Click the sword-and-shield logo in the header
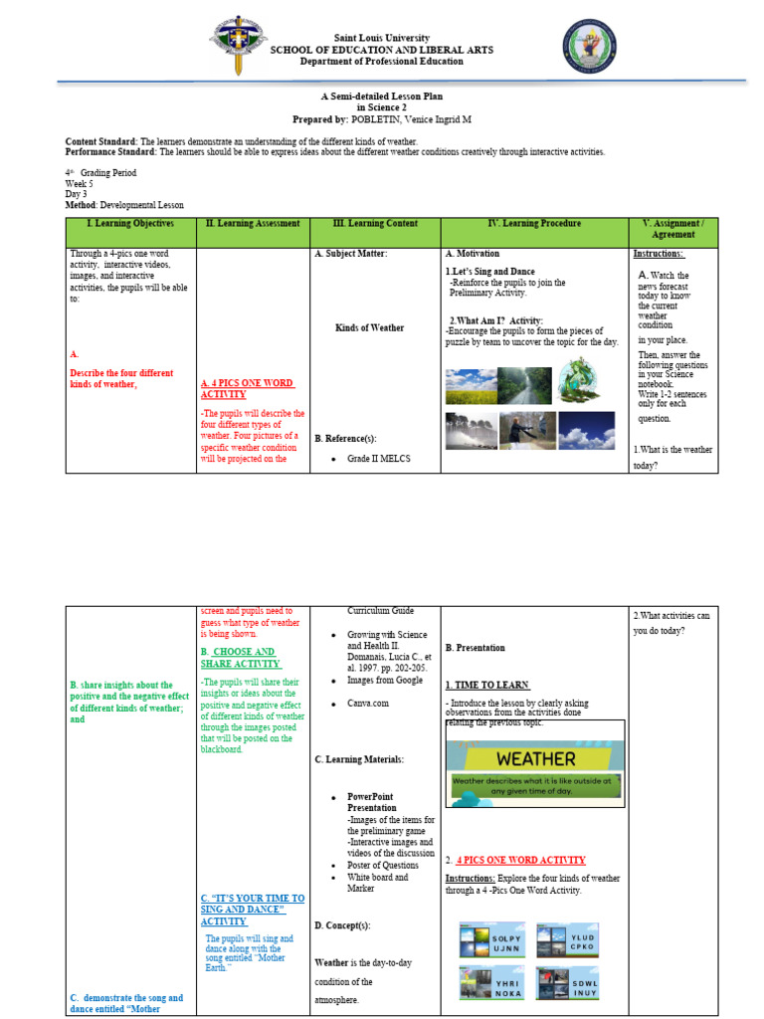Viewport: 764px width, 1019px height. [x=238, y=46]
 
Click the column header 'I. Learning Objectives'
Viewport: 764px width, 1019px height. [x=130, y=224]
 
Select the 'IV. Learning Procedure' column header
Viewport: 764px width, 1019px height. [x=534, y=224]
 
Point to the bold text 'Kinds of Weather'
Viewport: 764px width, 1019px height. [x=370, y=327]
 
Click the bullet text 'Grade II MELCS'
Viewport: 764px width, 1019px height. [x=379, y=459]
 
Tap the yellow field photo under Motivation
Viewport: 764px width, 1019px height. [x=470, y=386]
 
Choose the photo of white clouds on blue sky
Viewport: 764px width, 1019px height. [x=586, y=432]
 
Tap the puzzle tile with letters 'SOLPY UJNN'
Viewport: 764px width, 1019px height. [x=491, y=941]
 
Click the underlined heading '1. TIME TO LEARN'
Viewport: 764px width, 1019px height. [x=486, y=686]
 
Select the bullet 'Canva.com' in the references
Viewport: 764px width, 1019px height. [x=368, y=704]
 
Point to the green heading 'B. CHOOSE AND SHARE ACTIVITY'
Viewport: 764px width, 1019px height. [x=240, y=658]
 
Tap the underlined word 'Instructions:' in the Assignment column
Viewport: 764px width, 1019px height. [x=659, y=254]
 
